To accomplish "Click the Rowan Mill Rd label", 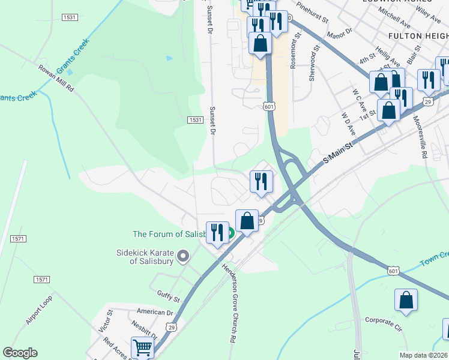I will (x=56, y=78).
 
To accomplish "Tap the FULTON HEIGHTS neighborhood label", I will (x=418, y=36).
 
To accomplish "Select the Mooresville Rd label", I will (x=420, y=136).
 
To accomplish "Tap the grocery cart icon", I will (x=142, y=347).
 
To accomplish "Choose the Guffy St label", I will (x=168, y=297).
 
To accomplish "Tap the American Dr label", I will (x=154, y=312).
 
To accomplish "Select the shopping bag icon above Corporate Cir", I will (x=406, y=300).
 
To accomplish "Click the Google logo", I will (x=20, y=352).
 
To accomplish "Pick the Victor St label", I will (x=110, y=322).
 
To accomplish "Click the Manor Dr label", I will (x=339, y=32).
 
